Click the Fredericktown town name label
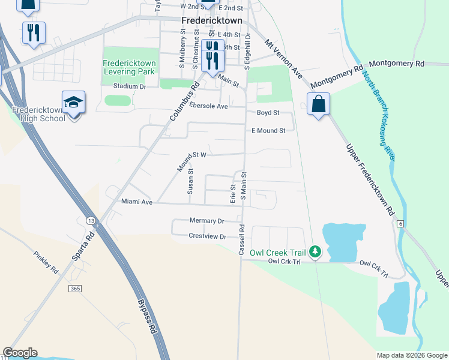212,20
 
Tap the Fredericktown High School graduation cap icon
74,103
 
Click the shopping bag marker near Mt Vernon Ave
318,104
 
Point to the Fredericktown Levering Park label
129,67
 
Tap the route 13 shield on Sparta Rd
91,220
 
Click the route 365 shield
75,289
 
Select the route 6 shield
400,223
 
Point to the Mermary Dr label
206,221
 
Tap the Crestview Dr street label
207,237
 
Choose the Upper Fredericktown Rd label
370,181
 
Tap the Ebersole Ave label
208,106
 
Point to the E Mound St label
268,130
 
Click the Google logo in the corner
20,353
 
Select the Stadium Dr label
130,87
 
